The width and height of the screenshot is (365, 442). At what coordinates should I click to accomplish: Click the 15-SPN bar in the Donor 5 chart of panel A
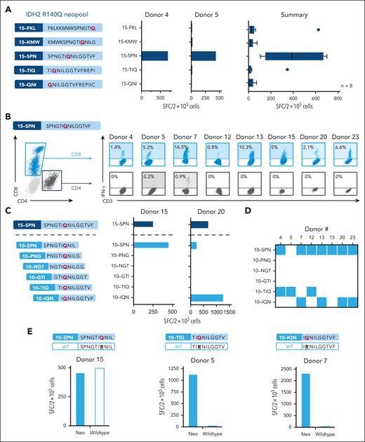click(x=204, y=55)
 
